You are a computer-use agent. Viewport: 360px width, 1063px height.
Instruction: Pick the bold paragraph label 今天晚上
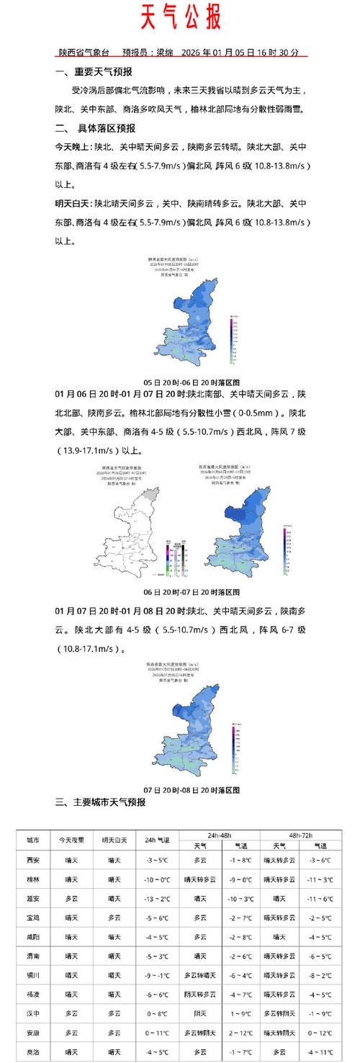point(71,147)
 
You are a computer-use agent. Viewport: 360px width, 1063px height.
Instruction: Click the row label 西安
point(33,859)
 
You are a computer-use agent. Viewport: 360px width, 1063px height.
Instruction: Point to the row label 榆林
point(33,879)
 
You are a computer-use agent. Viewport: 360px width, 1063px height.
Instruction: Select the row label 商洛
point(33,1051)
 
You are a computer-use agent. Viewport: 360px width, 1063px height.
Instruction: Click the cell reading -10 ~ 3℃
point(240,899)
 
